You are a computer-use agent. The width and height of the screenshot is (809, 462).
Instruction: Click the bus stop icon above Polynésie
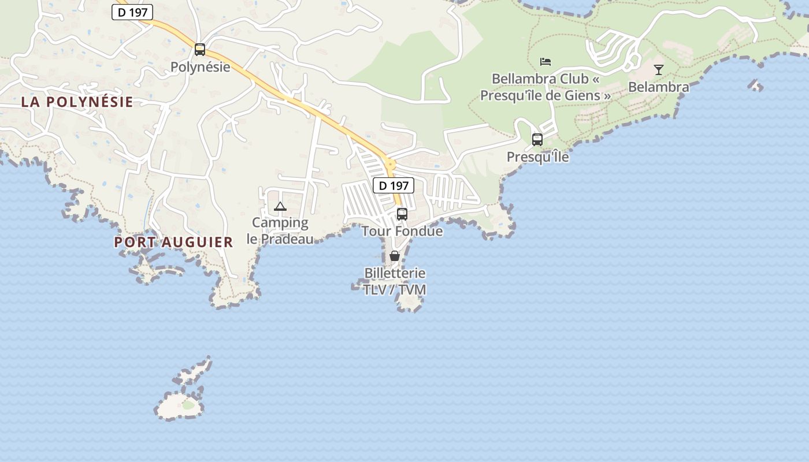[x=200, y=50]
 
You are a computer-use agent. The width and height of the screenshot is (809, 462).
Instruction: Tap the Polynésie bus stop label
[x=200, y=67]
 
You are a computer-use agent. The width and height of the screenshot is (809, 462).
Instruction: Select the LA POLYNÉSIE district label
[x=77, y=102]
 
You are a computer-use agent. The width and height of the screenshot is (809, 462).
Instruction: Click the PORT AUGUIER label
[x=173, y=243]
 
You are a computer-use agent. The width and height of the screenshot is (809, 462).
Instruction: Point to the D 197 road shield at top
[x=132, y=12]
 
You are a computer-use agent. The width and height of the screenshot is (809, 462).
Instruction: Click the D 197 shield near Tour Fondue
[x=394, y=185]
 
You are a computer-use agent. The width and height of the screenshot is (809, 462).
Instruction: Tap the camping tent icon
[x=280, y=206]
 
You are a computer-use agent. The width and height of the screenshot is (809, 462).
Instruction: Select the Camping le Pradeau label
[x=280, y=230]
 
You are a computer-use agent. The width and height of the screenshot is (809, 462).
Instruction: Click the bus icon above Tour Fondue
[x=402, y=214]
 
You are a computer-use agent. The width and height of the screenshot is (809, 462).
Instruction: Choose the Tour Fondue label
[x=402, y=232]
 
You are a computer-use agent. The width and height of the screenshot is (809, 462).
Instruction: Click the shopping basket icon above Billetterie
[x=395, y=256]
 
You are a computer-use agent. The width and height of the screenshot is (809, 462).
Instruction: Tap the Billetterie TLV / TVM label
[x=395, y=281]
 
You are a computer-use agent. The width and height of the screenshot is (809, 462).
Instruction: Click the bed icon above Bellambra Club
[x=545, y=62]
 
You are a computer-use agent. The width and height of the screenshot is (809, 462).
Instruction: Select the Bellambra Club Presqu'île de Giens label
[x=545, y=87]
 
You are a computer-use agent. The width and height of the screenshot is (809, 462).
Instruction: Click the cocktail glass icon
[x=659, y=70]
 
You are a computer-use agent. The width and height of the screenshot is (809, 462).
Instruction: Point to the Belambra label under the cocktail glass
[x=659, y=87]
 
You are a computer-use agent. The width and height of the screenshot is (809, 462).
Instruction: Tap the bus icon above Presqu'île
[x=537, y=140]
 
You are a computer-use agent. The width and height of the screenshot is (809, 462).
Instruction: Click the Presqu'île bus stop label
[x=537, y=157]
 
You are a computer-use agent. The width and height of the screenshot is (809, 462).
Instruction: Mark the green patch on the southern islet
[x=188, y=405]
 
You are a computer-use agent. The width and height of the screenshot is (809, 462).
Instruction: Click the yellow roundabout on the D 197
[x=390, y=164]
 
